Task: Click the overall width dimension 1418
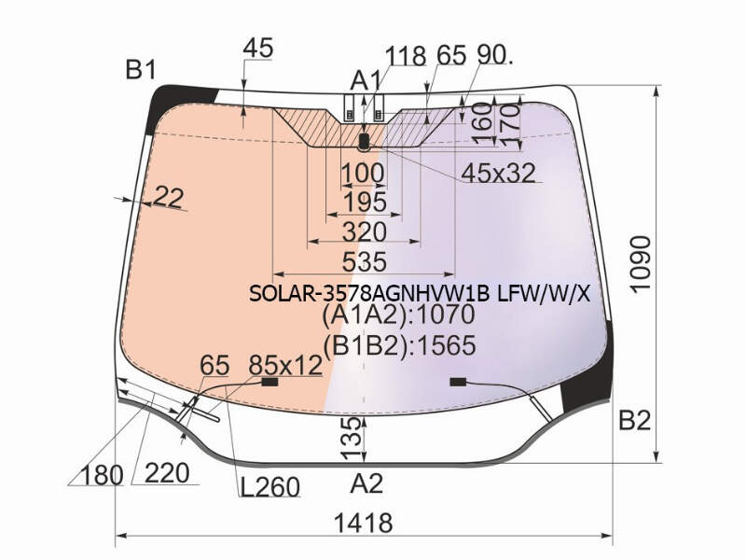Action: coord(364,523)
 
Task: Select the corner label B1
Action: coord(141,70)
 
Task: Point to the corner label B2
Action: coord(635,420)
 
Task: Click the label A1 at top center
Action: coord(366,80)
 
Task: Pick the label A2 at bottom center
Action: coord(366,483)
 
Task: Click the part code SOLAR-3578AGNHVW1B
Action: coord(369,294)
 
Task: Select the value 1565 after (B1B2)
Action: coord(446,345)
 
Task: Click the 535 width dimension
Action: coord(365,262)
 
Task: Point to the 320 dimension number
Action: coord(365,232)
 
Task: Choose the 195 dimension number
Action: coord(365,203)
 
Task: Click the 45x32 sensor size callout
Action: coord(499,173)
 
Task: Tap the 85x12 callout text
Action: coord(285,366)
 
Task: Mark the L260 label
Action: coord(270,486)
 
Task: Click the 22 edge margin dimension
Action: coord(169,197)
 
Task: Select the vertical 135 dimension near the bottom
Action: coord(352,439)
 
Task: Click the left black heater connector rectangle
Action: coord(270,382)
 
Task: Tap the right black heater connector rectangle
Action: coord(458,382)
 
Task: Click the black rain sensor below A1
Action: coord(364,141)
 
